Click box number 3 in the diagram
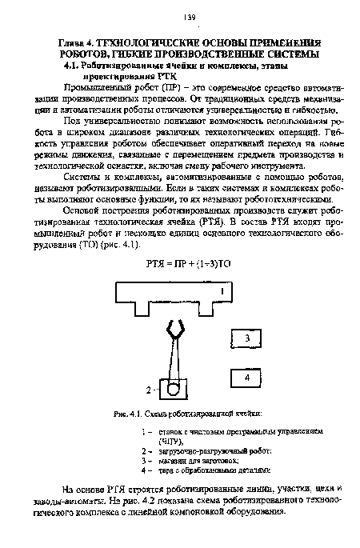[247, 340]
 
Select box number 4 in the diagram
[247, 377]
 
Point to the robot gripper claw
[173, 329]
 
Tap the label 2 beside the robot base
[147, 390]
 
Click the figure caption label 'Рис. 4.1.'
[128, 414]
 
